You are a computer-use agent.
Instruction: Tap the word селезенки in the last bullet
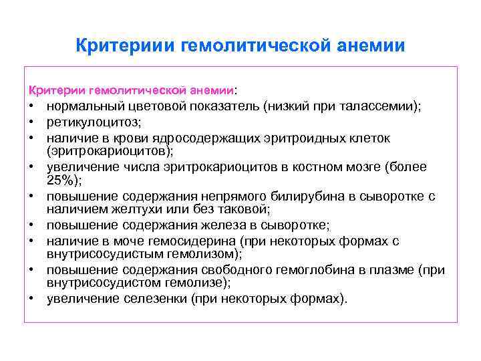tap(154, 298)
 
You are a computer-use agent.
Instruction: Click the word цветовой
tap(149, 106)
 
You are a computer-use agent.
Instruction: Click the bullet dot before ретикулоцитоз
tap(31, 122)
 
